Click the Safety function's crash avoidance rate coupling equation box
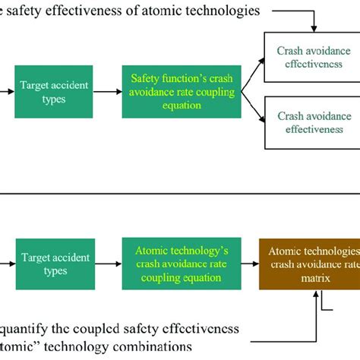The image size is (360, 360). click(182, 91)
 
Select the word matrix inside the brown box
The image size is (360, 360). click(310, 278)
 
